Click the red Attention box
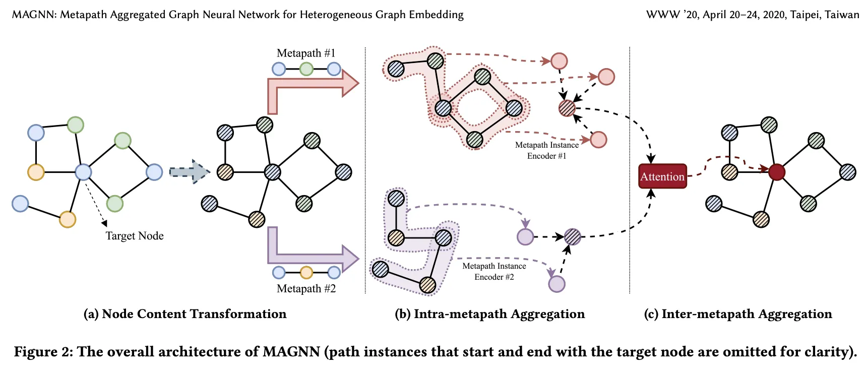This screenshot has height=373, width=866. (x=662, y=176)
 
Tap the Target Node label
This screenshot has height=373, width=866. (x=135, y=236)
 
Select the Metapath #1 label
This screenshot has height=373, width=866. (x=306, y=53)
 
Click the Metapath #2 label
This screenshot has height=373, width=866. (x=306, y=288)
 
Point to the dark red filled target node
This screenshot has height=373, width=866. (x=777, y=172)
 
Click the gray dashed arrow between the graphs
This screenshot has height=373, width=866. (x=189, y=172)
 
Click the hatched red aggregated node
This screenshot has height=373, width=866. (x=567, y=108)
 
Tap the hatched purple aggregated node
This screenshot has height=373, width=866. (x=572, y=236)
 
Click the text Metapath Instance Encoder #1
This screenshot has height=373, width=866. (x=547, y=150)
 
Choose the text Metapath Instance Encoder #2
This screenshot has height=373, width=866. (x=494, y=271)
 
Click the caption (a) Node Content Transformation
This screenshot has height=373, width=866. (x=185, y=314)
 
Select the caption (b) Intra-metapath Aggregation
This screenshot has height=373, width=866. (x=489, y=314)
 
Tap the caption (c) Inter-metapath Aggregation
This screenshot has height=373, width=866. (x=738, y=314)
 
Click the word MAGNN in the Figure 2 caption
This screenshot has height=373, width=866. (x=291, y=351)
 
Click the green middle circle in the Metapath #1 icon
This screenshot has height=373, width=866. (x=306, y=69)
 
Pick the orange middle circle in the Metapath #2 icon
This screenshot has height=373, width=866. (x=306, y=273)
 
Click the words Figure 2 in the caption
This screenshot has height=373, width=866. (x=43, y=351)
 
